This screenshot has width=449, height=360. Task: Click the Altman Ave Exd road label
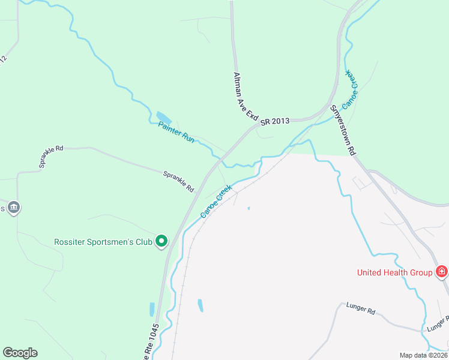tap(246, 95)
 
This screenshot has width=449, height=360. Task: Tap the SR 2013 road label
tap(275, 121)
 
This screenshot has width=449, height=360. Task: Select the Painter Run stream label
tap(176, 132)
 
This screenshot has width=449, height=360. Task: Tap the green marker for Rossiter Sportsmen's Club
tap(161, 242)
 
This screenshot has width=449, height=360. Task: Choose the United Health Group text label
tap(394, 272)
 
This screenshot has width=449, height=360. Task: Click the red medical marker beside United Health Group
tap(442, 272)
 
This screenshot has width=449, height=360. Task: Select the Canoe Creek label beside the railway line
tap(215, 201)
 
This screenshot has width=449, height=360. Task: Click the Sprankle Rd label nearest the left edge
tap(51, 156)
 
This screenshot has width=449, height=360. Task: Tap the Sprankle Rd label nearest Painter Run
tap(179, 181)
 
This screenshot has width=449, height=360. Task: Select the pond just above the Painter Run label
tap(163, 117)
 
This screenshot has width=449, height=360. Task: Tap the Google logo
tap(20, 353)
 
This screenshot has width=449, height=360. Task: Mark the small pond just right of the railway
tap(200, 305)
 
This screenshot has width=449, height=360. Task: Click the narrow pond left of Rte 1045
tap(152, 309)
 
